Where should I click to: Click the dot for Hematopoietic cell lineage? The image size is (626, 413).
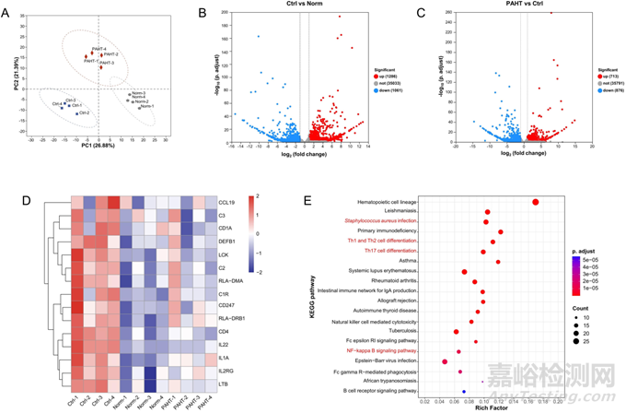point(536,202)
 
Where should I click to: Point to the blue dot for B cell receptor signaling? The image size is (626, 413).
point(463,392)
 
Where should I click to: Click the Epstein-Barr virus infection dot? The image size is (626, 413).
point(445,361)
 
